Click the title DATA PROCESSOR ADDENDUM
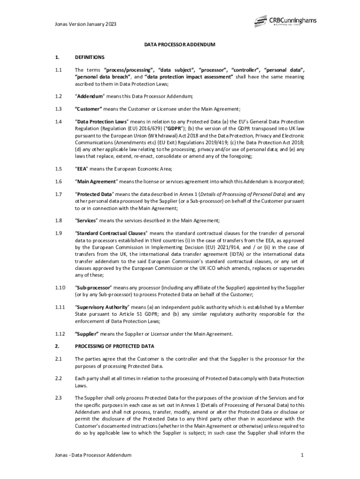coord(180,45)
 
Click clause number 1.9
coord(58,232)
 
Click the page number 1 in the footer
coord(303,455)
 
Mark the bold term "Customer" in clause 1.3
coord(89,109)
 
